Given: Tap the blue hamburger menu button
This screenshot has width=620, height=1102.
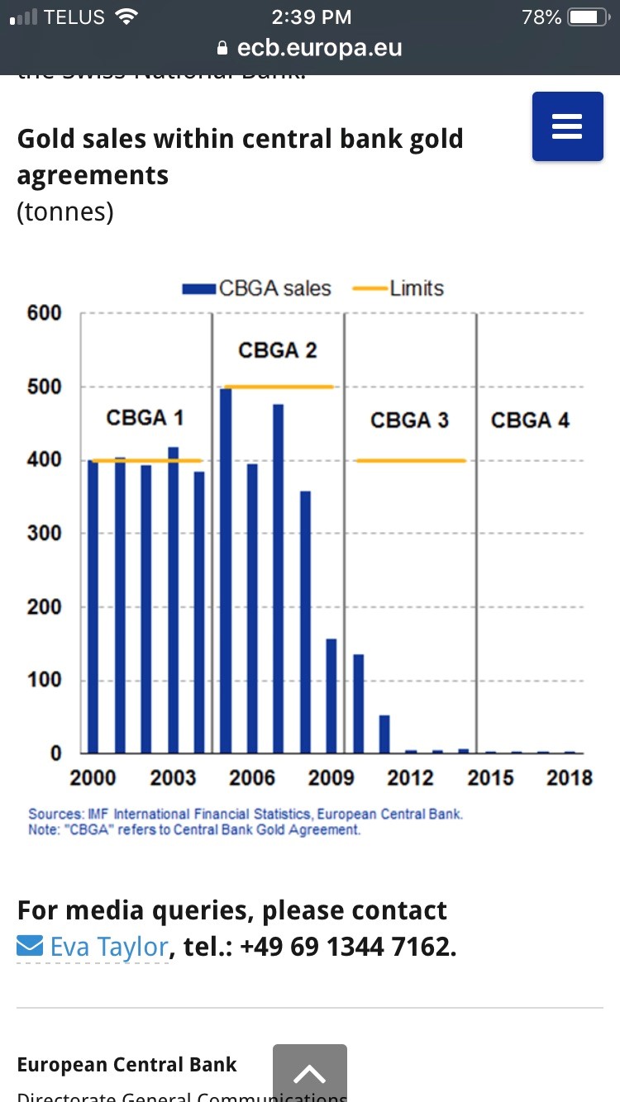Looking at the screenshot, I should [x=567, y=126].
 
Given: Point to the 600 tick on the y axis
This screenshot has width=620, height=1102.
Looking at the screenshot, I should [x=45, y=313].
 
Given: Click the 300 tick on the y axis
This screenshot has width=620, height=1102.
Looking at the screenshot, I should [x=45, y=534].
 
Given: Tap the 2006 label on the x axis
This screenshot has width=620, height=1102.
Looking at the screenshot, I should [x=252, y=778].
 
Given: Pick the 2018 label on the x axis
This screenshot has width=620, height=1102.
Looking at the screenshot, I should [x=570, y=778].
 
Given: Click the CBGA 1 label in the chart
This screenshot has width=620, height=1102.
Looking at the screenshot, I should [x=145, y=418].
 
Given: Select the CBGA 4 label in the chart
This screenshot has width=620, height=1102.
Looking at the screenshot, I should [x=530, y=420].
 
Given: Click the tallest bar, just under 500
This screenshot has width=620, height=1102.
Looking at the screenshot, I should [x=226, y=570].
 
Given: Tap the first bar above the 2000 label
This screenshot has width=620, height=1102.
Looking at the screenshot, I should [x=93, y=607].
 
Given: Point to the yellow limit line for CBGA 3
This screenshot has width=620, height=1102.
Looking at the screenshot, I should [x=411, y=460].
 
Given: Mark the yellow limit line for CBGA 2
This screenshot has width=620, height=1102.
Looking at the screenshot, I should [x=279, y=387].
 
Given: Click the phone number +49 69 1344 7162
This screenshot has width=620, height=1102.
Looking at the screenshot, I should [x=347, y=947].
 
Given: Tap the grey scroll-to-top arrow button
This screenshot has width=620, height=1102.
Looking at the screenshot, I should [x=309, y=1074].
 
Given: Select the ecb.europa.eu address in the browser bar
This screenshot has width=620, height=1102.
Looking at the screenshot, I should [x=319, y=48].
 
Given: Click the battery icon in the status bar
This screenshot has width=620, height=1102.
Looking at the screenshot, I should [x=588, y=17].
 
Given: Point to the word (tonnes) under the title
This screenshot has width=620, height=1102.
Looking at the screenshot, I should [x=65, y=211].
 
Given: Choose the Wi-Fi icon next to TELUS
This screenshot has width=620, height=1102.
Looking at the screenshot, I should [x=126, y=17].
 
